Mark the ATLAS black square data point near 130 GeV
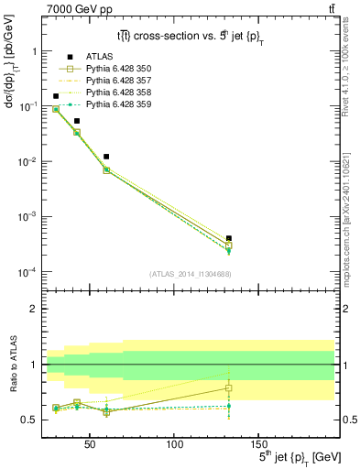coord(228,238)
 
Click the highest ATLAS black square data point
coord(56,96)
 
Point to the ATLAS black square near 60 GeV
coord(107,157)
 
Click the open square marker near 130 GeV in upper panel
coord(228,245)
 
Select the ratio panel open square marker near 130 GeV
coord(228,388)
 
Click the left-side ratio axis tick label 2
coord(32,309)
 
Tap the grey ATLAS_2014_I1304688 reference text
coord(189,273)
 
